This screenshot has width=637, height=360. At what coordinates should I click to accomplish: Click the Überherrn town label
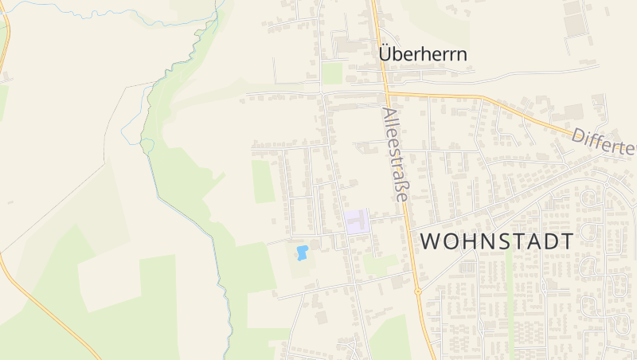click(422, 54)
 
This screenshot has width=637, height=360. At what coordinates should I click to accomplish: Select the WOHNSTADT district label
click(496, 241)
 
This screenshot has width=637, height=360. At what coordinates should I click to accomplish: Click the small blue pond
click(302, 253)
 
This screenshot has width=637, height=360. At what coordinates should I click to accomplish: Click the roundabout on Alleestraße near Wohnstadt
click(417, 291)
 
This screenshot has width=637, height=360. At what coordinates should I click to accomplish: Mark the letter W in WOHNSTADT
click(429, 241)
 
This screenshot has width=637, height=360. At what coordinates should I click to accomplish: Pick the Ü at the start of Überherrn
click(386, 53)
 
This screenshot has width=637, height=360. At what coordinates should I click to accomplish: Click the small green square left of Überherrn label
click(333, 73)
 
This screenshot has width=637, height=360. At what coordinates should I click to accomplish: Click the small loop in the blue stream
click(147, 144)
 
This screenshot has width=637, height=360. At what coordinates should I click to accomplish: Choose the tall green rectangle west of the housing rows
click(263, 182)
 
